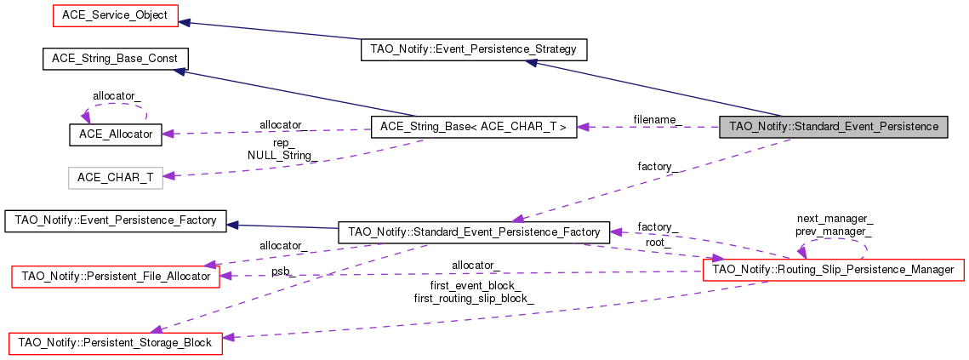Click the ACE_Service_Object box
(x=116, y=14)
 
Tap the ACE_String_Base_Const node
(x=115, y=59)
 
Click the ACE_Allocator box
(x=115, y=134)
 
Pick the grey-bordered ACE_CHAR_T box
(x=115, y=177)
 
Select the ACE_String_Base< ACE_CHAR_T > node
(x=474, y=127)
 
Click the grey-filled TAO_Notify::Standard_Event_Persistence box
(x=834, y=127)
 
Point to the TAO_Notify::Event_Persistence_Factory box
(x=115, y=220)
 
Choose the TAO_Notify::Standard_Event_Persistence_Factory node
(x=474, y=231)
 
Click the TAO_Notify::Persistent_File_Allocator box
(x=115, y=276)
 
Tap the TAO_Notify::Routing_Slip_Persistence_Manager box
(x=834, y=270)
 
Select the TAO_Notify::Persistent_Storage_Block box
(x=115, y=342)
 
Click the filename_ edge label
(x=657, y=119)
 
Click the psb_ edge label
(x=282, y=271)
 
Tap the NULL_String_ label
(x=282, y=156)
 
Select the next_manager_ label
(x=834, y=219)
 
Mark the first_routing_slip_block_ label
(x=474, y=298)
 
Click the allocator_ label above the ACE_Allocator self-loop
(x=117, y=95)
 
